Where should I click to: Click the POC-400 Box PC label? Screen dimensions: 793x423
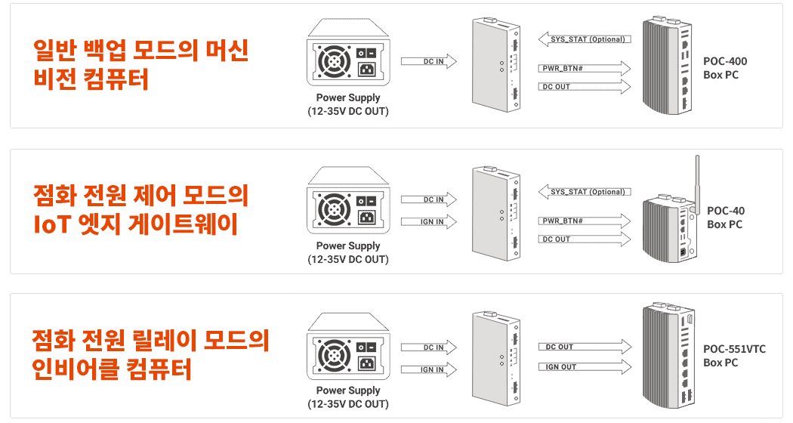(725, 68)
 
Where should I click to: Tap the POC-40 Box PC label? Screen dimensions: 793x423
(726, 218)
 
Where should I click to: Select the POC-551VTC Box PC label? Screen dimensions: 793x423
(734, 356)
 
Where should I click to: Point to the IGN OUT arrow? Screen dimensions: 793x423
(585, 367)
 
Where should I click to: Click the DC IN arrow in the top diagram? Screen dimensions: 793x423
(429, 61)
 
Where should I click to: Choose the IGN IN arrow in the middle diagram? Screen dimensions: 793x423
(429, 221)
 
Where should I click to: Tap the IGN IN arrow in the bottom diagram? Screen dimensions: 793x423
(429, 369)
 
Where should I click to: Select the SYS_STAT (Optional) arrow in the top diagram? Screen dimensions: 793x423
(584, 39)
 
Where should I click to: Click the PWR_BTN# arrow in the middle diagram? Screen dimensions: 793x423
(584, 221)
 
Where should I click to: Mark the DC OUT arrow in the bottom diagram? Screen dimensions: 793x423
(585, 347)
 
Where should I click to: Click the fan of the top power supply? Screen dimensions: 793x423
(333, 62)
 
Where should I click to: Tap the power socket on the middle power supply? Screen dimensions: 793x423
(366, 218)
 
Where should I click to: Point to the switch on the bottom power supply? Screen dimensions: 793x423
(366, 347)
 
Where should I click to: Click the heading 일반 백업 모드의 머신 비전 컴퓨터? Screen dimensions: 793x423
(140, 64)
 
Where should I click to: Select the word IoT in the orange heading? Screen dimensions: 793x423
(51, 224)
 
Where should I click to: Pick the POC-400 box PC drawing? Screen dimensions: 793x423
(667, 66)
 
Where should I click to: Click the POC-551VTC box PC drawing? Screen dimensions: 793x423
(668, 356)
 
